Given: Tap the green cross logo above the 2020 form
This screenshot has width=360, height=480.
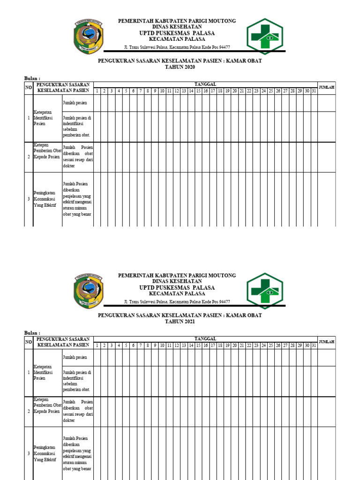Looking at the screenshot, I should pyautogui.click(x=265, y=37).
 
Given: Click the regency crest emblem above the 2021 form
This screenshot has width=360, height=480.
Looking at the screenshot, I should pyautogui.click(x=88, y=291).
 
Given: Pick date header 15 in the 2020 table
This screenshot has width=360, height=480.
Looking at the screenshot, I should pyautogui.click(x=198, y=90).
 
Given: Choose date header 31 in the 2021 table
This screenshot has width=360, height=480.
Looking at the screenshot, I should pyautogui.click(x=314, y=345).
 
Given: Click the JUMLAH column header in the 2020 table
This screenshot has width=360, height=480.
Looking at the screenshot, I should pyautogui.click(x=326, y=87).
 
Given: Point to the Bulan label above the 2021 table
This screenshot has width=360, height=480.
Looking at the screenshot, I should pyautogui.click(x=32, y=332).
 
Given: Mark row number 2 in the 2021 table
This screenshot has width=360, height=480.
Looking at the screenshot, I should pyautogui.click(x=29, y=411).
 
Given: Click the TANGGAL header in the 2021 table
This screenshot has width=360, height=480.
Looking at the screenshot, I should pyautogui.click(x=205, y=338).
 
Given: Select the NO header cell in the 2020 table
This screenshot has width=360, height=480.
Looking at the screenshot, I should pyautogui.click(x=28, y=87).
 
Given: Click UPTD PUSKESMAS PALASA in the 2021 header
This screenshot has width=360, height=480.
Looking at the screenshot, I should pyautogui.click(x=177, y=287).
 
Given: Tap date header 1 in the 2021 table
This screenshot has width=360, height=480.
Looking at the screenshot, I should pyautogui.click(x=97, y=345).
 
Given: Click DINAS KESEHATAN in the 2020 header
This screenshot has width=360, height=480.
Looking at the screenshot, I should pyautogui.click(x=177, y=27).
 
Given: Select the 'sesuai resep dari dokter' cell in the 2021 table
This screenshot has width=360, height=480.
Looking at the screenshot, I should pyautogui.click(x=78, y=411).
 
